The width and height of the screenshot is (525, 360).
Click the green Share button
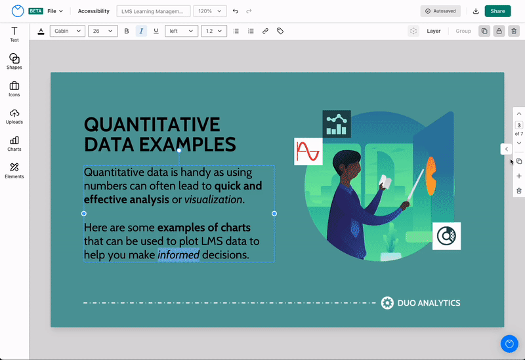pos(497,11)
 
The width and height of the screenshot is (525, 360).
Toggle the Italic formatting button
pos(141,31)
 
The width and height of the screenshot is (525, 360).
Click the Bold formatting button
pos(126,31)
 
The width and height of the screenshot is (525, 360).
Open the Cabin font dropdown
pos(68,31)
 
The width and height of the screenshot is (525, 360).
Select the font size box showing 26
pos(102,31)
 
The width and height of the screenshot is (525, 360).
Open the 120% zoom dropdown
pos(209,11)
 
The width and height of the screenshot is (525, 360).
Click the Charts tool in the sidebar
pos(14,144)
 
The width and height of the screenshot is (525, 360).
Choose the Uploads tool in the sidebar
pos(14,117)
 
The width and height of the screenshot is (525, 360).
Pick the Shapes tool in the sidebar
pos(14,62)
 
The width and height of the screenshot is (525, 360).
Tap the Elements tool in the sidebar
pos(14,171)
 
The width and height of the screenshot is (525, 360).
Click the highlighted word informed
pos(178,255)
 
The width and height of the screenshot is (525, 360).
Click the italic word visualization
pos(213,200)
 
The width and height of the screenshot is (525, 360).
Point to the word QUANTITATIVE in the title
pos(152,125)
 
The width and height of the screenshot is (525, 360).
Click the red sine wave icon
pos(308,151)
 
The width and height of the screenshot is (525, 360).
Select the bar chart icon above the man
pos(337,124)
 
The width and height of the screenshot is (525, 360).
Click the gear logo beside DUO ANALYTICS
pos(387,303)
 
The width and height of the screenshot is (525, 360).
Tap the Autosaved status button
pos(440,11)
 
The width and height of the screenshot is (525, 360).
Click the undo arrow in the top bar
pos(236,11)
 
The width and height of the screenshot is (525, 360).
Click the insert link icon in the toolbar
pos(265,31)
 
